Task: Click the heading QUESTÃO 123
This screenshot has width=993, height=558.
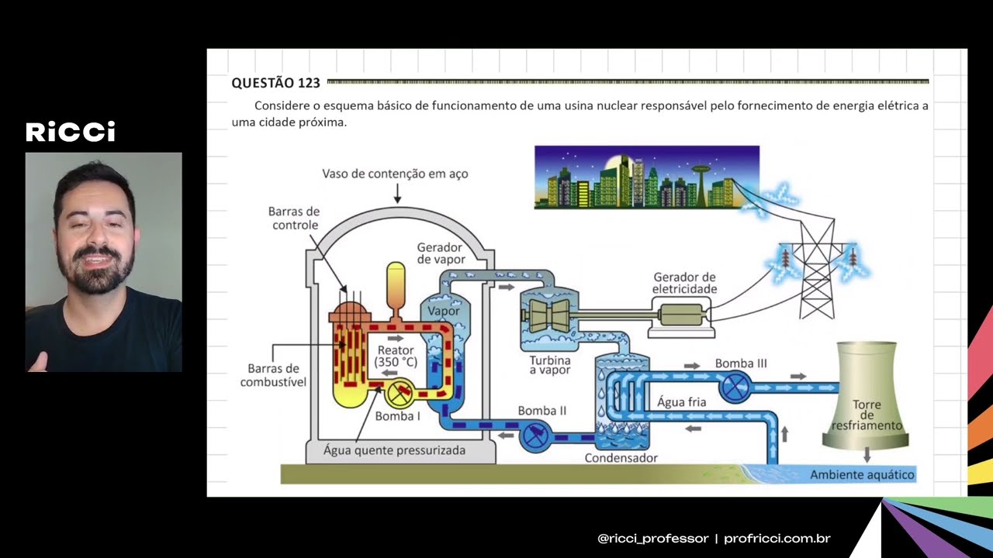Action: point(275,83)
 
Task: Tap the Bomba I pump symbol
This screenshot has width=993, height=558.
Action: point(400,394)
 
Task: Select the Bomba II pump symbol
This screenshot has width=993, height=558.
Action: point(535,436)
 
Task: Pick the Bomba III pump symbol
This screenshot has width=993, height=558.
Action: point(734,386)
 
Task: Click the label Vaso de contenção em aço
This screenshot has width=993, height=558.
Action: point(395,174)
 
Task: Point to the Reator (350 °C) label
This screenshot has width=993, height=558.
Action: point(396,356)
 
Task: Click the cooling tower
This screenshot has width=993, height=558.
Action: point(867,395)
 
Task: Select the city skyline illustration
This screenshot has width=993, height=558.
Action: point(646,177)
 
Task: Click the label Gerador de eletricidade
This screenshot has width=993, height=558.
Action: point(684,283)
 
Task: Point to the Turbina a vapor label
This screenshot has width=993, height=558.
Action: point(550,365)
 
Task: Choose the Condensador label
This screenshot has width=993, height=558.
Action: point(621,458)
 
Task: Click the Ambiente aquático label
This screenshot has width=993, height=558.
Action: point(862,474)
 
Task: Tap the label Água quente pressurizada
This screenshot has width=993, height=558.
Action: point(394,449)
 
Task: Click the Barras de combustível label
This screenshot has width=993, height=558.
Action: point(273,375)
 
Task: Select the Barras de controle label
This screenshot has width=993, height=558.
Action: point(293,218)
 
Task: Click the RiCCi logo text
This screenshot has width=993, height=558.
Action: point(71,132)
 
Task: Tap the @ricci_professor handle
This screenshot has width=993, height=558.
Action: point(653,539)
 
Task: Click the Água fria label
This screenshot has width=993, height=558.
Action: point(681,402)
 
